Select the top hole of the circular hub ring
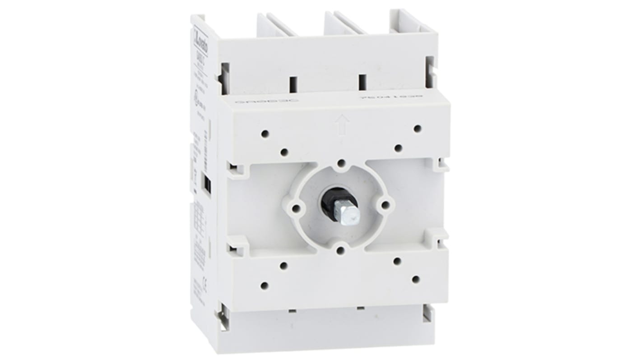341,163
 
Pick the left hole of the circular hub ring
296,208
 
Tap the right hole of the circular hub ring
385,205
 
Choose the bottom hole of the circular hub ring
341,249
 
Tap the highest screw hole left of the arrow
265,134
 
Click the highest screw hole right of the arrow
417,129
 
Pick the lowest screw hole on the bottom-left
265,285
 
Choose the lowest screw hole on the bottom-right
416,279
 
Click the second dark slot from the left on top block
293,84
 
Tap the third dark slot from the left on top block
362,82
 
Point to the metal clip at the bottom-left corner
222,317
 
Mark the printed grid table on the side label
199,221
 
